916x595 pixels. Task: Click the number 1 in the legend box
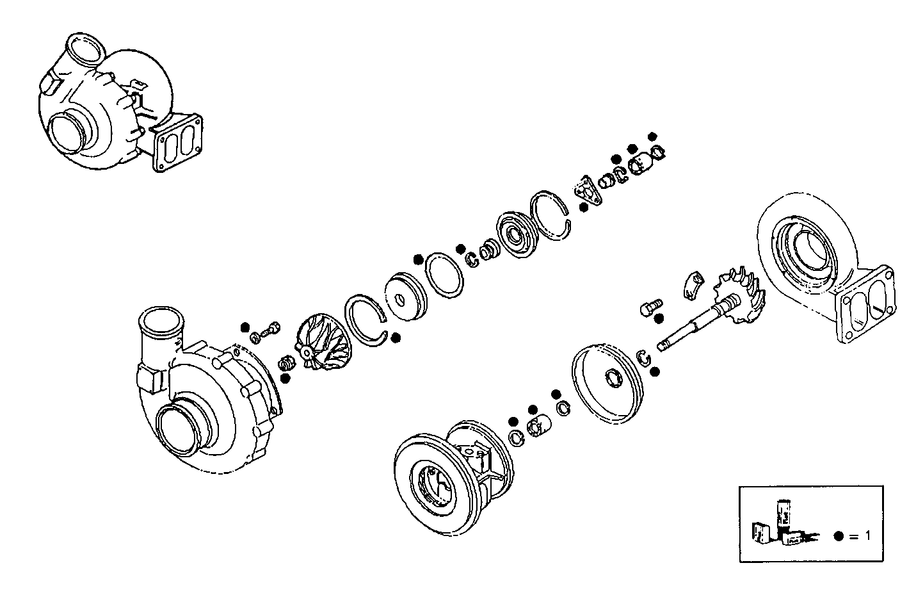867,536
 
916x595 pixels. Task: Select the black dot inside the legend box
839,537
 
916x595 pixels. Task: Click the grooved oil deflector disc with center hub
517,235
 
